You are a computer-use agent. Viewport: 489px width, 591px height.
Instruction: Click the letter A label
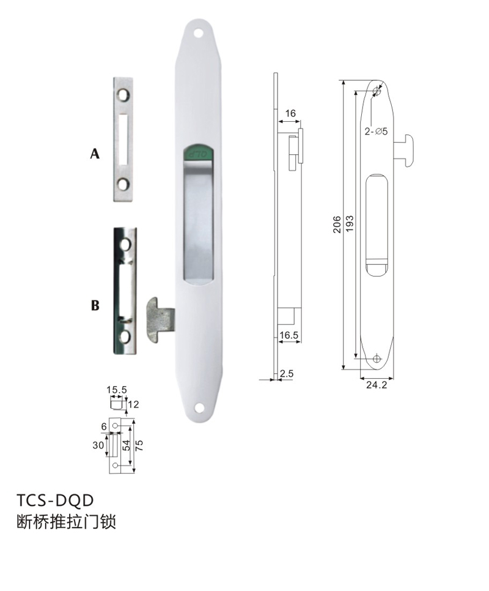(95, 154)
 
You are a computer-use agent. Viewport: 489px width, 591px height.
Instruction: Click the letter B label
(95, 305)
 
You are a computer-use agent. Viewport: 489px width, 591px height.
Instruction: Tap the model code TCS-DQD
(55, 500)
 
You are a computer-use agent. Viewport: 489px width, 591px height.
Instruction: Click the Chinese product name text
(66, 522)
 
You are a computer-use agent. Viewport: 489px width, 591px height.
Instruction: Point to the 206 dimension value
(337, 225)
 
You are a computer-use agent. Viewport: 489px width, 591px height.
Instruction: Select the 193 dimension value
(350, 224)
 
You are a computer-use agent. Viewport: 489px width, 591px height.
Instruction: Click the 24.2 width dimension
(377, 385)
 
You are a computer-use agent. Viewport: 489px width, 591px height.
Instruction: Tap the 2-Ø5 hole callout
(376, 131)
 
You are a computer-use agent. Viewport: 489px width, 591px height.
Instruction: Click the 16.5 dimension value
(289, 335)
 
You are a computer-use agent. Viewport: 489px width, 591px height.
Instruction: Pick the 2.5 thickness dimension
(287, 374)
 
